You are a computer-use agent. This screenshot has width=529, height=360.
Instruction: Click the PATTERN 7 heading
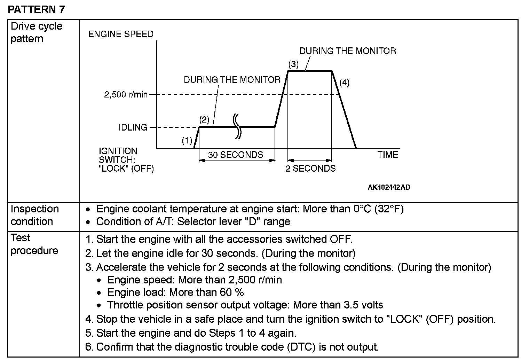point(36,9)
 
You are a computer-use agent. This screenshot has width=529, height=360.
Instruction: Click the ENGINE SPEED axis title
point(121,34)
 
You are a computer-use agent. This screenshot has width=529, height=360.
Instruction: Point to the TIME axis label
point(388,155)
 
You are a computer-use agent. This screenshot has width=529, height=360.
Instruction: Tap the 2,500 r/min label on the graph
point(126,94)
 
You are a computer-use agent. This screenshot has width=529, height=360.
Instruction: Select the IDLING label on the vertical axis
point(133,127)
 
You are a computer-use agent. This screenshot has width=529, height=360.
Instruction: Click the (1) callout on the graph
point(187,141)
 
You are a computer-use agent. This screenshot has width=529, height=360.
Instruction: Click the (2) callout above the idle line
point(204,120)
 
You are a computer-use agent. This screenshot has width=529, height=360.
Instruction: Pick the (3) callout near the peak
point(293,64)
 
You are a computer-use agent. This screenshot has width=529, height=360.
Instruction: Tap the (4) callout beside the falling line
point(344,83)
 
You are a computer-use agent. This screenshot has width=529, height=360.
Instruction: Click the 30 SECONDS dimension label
point(236,155)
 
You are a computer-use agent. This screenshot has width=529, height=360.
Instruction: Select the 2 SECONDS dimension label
point(310,169)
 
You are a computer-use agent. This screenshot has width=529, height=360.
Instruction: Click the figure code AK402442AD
point(389,187)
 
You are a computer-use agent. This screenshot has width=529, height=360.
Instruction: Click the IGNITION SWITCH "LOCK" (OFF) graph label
point(126,160)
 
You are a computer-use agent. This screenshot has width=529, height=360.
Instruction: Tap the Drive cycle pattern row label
point(36,32)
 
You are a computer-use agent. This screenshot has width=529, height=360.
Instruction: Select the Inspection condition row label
point(34,215)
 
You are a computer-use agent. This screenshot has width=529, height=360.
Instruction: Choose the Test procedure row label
point(34,244)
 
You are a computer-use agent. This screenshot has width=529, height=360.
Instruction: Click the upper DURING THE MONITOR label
point(347,51)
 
